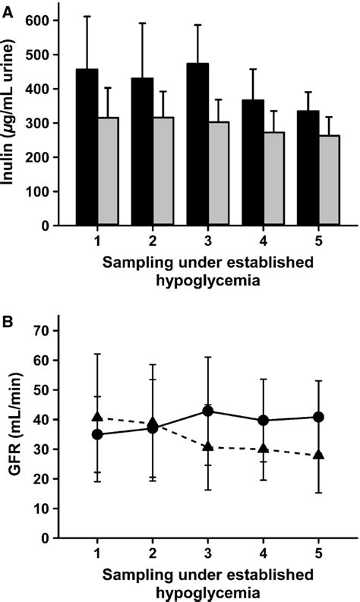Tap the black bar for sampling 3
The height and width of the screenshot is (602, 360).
point(199,144)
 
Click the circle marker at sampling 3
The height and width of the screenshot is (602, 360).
point(207,411)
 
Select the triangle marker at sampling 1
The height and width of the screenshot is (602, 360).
point(96,417)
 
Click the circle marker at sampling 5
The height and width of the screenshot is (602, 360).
point(319,417)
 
